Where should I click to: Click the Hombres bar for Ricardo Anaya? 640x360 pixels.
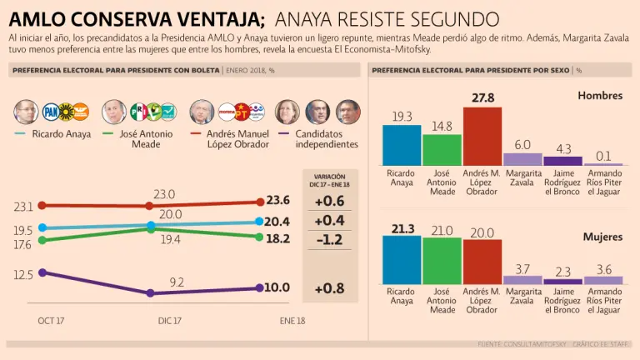pos(402,145)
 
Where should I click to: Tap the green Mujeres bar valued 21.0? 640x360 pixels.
pos(442,261)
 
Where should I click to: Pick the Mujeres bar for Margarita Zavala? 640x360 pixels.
pos(522,280)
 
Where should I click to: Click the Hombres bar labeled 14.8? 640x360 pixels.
pos(442,150)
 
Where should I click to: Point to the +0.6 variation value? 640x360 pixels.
pos(329,200)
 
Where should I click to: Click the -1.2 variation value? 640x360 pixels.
pos(329,239)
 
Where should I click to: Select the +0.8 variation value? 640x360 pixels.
pos(329,288)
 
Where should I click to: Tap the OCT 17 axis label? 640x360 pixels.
pos(51,321)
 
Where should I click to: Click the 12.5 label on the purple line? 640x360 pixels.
pos(23,274)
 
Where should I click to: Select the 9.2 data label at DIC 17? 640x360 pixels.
pos(177,282)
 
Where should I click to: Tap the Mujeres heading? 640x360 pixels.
pos(602,237)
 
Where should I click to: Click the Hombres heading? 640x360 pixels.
pos(600,96)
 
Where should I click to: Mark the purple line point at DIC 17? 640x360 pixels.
pos(150,293)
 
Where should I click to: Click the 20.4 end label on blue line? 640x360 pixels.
pos(277,222)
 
